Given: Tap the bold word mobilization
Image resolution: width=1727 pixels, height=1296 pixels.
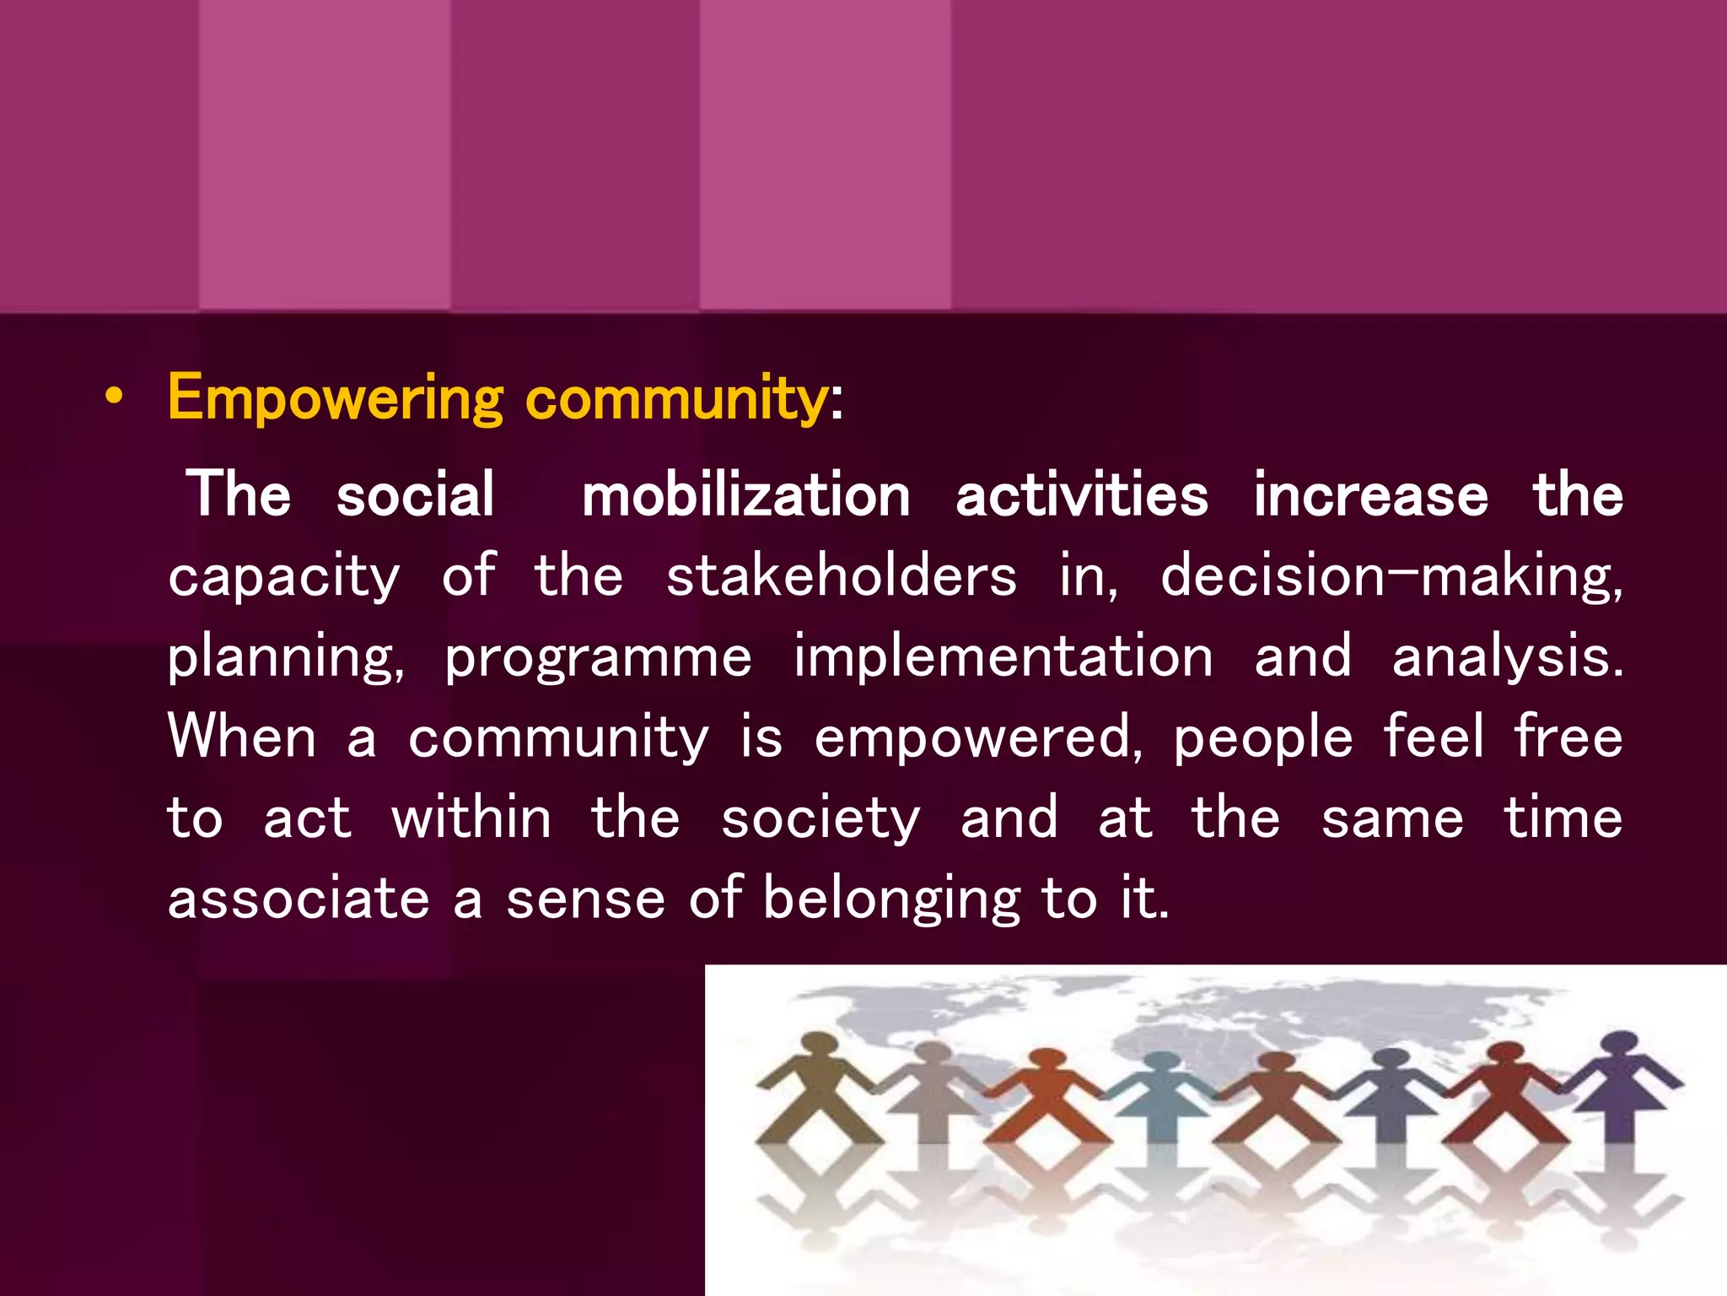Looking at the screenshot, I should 745,495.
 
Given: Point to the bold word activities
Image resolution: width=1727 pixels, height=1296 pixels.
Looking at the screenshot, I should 1081,495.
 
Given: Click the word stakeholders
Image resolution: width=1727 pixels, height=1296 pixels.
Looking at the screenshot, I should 842,576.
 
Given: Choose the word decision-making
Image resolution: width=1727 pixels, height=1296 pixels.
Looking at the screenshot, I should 1391,576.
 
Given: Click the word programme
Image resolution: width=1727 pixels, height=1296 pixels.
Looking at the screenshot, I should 598,657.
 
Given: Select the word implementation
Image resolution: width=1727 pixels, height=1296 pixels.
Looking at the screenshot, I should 1003,657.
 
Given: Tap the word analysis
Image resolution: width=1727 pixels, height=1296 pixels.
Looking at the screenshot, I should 1507,657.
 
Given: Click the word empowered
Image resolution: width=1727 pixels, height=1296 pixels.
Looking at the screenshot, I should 978,737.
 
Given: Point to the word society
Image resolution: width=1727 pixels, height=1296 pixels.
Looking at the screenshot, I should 820,819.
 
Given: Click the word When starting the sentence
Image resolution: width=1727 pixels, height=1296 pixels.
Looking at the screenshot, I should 242,737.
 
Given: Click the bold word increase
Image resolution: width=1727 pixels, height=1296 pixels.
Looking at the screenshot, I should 1370,495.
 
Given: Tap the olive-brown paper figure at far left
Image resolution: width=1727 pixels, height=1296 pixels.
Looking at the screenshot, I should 816,1097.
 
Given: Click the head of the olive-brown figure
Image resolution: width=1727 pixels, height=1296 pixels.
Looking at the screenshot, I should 818,1045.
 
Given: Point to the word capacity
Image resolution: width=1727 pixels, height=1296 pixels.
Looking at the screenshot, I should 284,578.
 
